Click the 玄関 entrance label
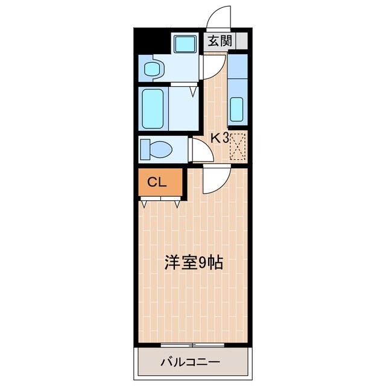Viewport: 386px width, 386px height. point(219,42)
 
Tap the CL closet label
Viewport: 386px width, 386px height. point(154,182)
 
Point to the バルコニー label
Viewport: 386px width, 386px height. point(191,362)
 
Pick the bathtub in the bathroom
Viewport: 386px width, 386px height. point(154,108)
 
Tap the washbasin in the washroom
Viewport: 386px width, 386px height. point(153,67)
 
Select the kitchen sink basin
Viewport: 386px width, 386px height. point(237,109)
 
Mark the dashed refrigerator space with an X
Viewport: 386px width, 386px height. point(238,145)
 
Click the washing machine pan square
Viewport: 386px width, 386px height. point(185,44)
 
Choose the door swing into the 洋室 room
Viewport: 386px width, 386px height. point(216,181)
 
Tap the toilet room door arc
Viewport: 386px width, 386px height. point(203,151)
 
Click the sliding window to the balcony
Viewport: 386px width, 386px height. point(192,344)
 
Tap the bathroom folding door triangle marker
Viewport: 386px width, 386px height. point(193,92)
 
